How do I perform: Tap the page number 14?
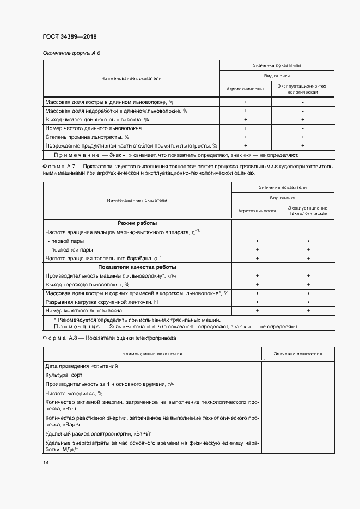[46, 462]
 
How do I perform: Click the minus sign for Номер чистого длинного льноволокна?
[302, 128]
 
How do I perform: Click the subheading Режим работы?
[137, 223]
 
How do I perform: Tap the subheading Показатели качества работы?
[137, 267]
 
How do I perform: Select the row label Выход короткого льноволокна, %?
[87, 284]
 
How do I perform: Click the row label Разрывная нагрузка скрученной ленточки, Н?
[102, 302]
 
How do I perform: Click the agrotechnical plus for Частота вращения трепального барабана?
[257, 258]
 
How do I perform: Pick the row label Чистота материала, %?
[74, 393]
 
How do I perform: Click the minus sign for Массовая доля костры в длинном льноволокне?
[302, 102]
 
